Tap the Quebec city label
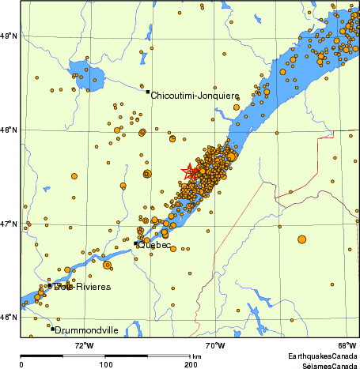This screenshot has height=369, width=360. click(155, 245)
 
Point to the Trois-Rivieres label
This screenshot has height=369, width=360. click(81, 286)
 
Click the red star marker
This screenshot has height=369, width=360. click(190, 171)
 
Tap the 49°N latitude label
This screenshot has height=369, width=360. click(9, 36)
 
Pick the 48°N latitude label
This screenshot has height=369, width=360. click(9, 130)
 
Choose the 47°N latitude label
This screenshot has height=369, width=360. click(9, 224)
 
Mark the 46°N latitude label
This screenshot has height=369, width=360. click(9, 317)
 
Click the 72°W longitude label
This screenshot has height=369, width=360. click(84, 345)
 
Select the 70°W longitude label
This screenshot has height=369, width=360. click(215, 345)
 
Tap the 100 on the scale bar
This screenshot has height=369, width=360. click(105, 364)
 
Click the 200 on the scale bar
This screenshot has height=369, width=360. click(191, 364)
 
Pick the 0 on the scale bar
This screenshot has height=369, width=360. click(21, 364)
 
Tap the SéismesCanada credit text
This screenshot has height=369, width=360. click(323, 366)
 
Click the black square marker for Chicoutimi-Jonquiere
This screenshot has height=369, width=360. click(147, 92)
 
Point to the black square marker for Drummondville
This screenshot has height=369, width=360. click(52, 328)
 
